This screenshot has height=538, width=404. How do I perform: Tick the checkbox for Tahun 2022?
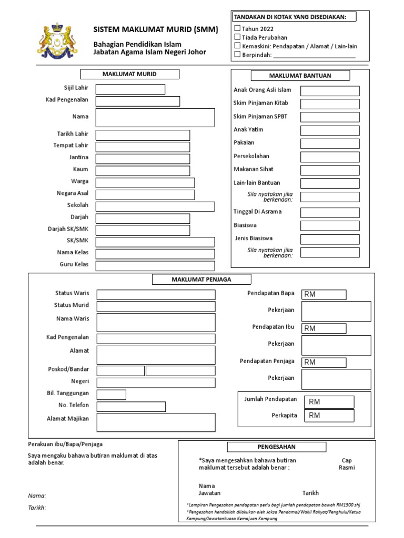(237, 28)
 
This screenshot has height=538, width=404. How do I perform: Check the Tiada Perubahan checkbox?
(237, 37)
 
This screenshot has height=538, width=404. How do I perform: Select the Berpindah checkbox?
(237, 54)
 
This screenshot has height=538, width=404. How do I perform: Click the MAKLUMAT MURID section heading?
(129, 74)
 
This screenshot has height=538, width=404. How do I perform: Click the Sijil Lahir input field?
(130, 89)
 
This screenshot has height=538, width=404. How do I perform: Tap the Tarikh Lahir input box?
(143, 135)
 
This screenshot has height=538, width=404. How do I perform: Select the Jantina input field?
(143, 158)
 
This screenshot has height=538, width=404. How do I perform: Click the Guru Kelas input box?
(155, 266)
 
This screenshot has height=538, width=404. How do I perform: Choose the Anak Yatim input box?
(330, 130)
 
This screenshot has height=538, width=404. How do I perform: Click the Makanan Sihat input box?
(330, 170)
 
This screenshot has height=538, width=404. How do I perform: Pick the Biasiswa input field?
(330, 226)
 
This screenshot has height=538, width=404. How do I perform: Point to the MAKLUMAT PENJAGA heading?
(201, 280)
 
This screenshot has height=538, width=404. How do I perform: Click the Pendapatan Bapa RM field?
(324, 294)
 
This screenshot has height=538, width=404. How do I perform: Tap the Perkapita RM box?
(330, 416)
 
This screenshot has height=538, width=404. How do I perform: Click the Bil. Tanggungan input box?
(111, 395)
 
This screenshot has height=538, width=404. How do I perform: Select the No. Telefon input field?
(131, 407)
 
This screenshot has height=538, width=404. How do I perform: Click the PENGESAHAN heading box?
(277, 447)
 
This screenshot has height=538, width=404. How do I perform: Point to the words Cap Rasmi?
(347, 464)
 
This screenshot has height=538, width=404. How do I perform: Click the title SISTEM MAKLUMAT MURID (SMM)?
(155, 30)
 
